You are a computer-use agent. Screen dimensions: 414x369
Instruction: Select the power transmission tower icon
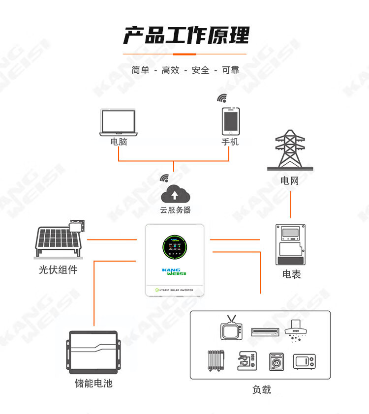click(290, 150)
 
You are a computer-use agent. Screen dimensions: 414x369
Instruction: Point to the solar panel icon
click(60, 241)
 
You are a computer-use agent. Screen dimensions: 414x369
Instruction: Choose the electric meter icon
click(291, 245)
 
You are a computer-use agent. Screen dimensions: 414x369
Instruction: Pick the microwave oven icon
click(305, 361)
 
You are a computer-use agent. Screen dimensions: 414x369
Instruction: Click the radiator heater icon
click(216, 360)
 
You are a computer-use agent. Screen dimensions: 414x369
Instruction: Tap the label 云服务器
click(175, 210)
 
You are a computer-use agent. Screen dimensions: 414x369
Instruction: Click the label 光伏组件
click(58, 269)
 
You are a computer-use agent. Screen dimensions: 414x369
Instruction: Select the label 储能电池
click(93, 383)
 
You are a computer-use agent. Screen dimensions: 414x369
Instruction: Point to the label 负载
click(261, 389)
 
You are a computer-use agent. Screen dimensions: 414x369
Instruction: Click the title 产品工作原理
click(185, 35)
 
